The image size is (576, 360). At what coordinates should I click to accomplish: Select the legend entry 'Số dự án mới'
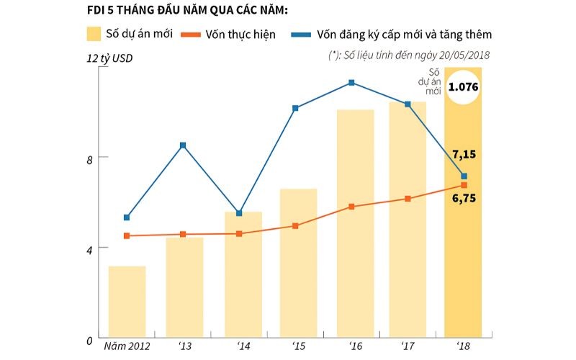(x=130, y=35)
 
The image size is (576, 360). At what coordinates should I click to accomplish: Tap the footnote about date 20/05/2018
(x=411, y=55)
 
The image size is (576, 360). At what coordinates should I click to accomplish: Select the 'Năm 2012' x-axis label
(x=127, y=348)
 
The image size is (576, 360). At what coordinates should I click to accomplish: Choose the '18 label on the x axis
(x=462, y=348)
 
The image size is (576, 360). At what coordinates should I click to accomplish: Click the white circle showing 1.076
(x=463, y=87)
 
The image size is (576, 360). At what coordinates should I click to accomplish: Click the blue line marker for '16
(x=351, y=83)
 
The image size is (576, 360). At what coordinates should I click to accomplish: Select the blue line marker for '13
(x=183, y=145)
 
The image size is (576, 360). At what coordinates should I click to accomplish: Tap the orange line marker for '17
(x=408, y=199)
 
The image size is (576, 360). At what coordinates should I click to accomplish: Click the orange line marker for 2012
(x=127, y=236)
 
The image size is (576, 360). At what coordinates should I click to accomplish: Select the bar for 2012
(x=127, y=302)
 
